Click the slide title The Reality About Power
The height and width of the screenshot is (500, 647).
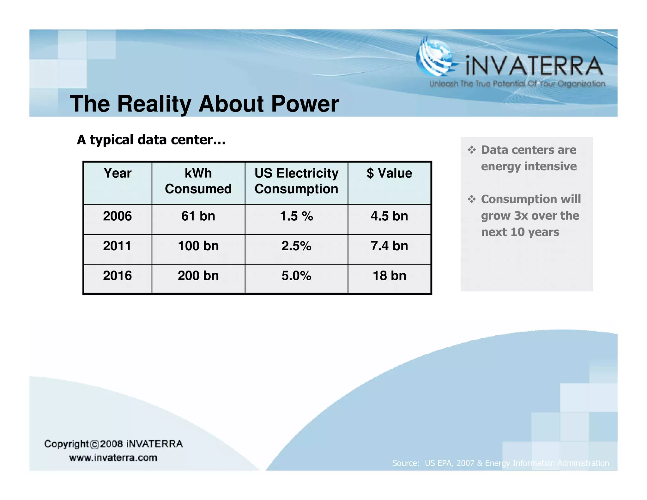point(204,104)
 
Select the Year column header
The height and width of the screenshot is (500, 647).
point(117,174)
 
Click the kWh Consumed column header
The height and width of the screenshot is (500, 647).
point(198,181)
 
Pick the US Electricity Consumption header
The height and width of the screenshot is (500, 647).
point(296,181)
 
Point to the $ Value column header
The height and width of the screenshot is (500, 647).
point(389,174)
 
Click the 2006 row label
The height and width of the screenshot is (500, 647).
point(117,216)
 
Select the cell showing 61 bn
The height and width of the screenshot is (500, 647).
point(198,216)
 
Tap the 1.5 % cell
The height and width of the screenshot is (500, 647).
point(296,216)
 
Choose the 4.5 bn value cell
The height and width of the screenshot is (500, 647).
point(389,216)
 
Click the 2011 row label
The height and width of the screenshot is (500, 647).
point(117,246)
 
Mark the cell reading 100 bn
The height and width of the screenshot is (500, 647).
point(198,246)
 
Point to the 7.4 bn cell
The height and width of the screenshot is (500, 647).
point(389,246)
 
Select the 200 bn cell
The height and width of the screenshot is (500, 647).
point(198,276)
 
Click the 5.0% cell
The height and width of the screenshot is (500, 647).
point(296,276)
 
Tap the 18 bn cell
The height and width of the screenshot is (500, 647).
point(389,276)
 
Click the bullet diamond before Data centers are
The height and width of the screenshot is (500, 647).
point(471,150)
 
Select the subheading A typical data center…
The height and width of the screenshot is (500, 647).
point(151,140)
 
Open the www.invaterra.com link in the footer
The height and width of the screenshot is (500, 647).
point(113,458)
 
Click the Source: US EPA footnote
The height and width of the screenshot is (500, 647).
point(500,463)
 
